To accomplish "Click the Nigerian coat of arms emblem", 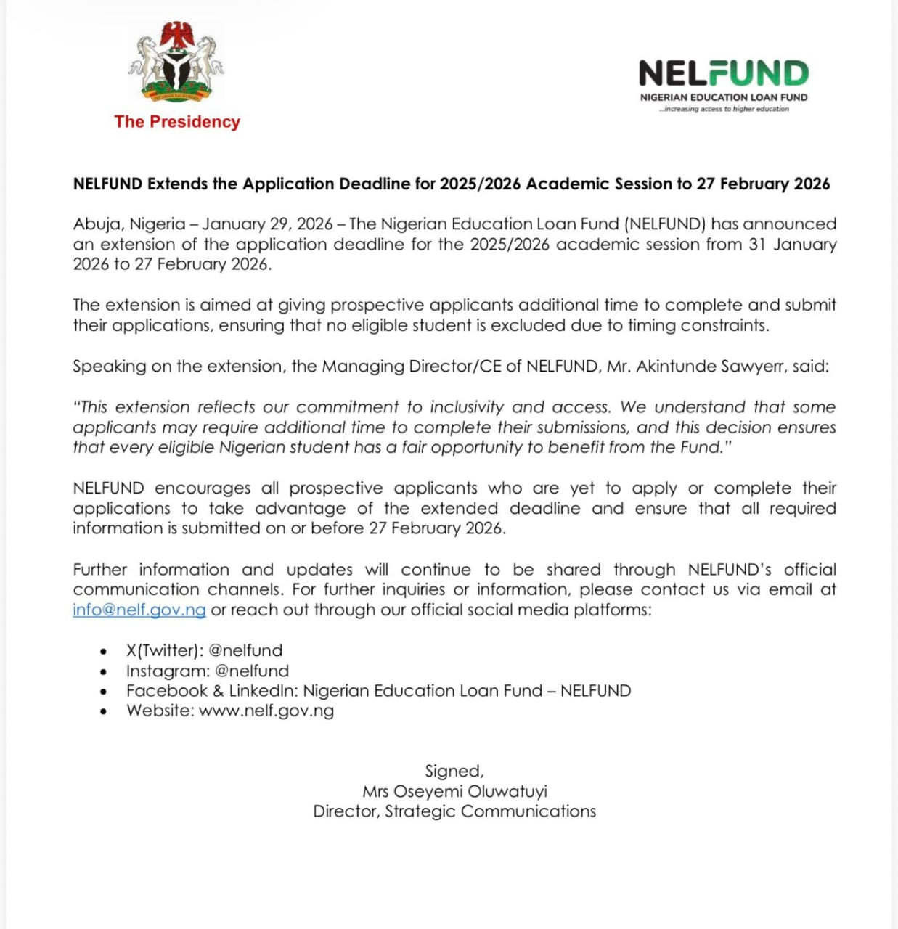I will (176, 63).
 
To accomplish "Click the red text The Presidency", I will (177, 122).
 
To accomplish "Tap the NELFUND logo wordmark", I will (723, 73).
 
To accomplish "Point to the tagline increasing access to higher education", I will (724, 109).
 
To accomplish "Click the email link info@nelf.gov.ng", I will (139, 610).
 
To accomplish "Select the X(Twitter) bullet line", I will (204, 650).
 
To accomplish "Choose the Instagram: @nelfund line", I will (207, 671).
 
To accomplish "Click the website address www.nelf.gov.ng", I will (266, 711).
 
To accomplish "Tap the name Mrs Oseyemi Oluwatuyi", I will (454, 791).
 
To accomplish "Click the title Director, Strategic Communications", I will (454, 811).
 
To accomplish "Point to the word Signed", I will (454, 771).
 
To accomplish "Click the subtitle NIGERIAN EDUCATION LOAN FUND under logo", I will (723, 97).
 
